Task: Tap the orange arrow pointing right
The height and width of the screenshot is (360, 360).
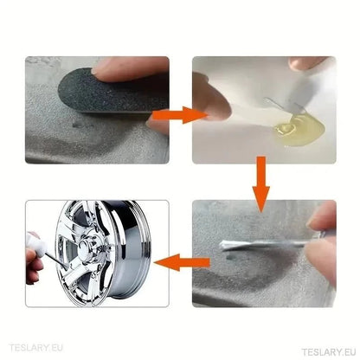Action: pyautogui.click(x=180, y=115)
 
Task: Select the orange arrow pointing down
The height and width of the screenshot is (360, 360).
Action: pyautogui.click(x=261, y=184)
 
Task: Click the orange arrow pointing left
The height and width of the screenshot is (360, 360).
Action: pyautogui.click(x=182, y=262)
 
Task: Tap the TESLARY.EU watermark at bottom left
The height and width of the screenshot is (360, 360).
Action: pyautogui.click(x=36, y=348)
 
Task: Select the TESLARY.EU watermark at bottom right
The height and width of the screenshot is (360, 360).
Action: pyautogui.click(x=329, y=352)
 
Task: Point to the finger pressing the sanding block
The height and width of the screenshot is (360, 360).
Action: pyautogui.click(x=130, y=69)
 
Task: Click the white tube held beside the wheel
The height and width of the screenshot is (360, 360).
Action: pyautogui.click(x=37, y=244)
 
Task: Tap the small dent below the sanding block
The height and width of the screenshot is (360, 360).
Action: pyautogui.click(x=77, y=125)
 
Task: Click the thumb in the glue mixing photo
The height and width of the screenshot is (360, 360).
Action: pyautogui.click(x=212, y=98)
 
